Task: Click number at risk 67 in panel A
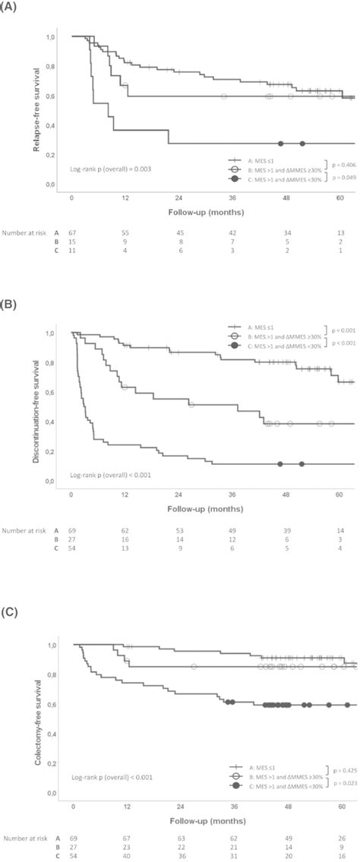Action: coord(72,229)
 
